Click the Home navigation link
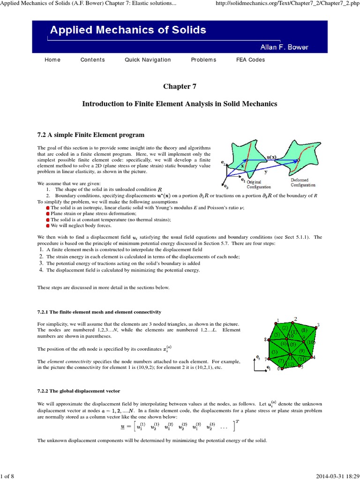pyautogui.click(x=52, y=60)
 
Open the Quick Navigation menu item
pyautogui.click(x=148, y=60)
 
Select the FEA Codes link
pyautogui.click(x=250, y=60)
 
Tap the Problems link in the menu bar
pyautogui.click(x=203, y=60)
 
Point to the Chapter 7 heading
pyautogui.click(x=180, y=86)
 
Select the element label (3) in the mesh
pyautogui.click(x=275, y=352)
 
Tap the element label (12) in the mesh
pyautogui.click(x=290, y=364)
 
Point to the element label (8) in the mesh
pyautogui.click(x=304, y=330)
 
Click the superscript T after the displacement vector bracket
pyautogui.click(x=238, y=421)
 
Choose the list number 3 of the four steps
pyautogui.click(x=41, y=263)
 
